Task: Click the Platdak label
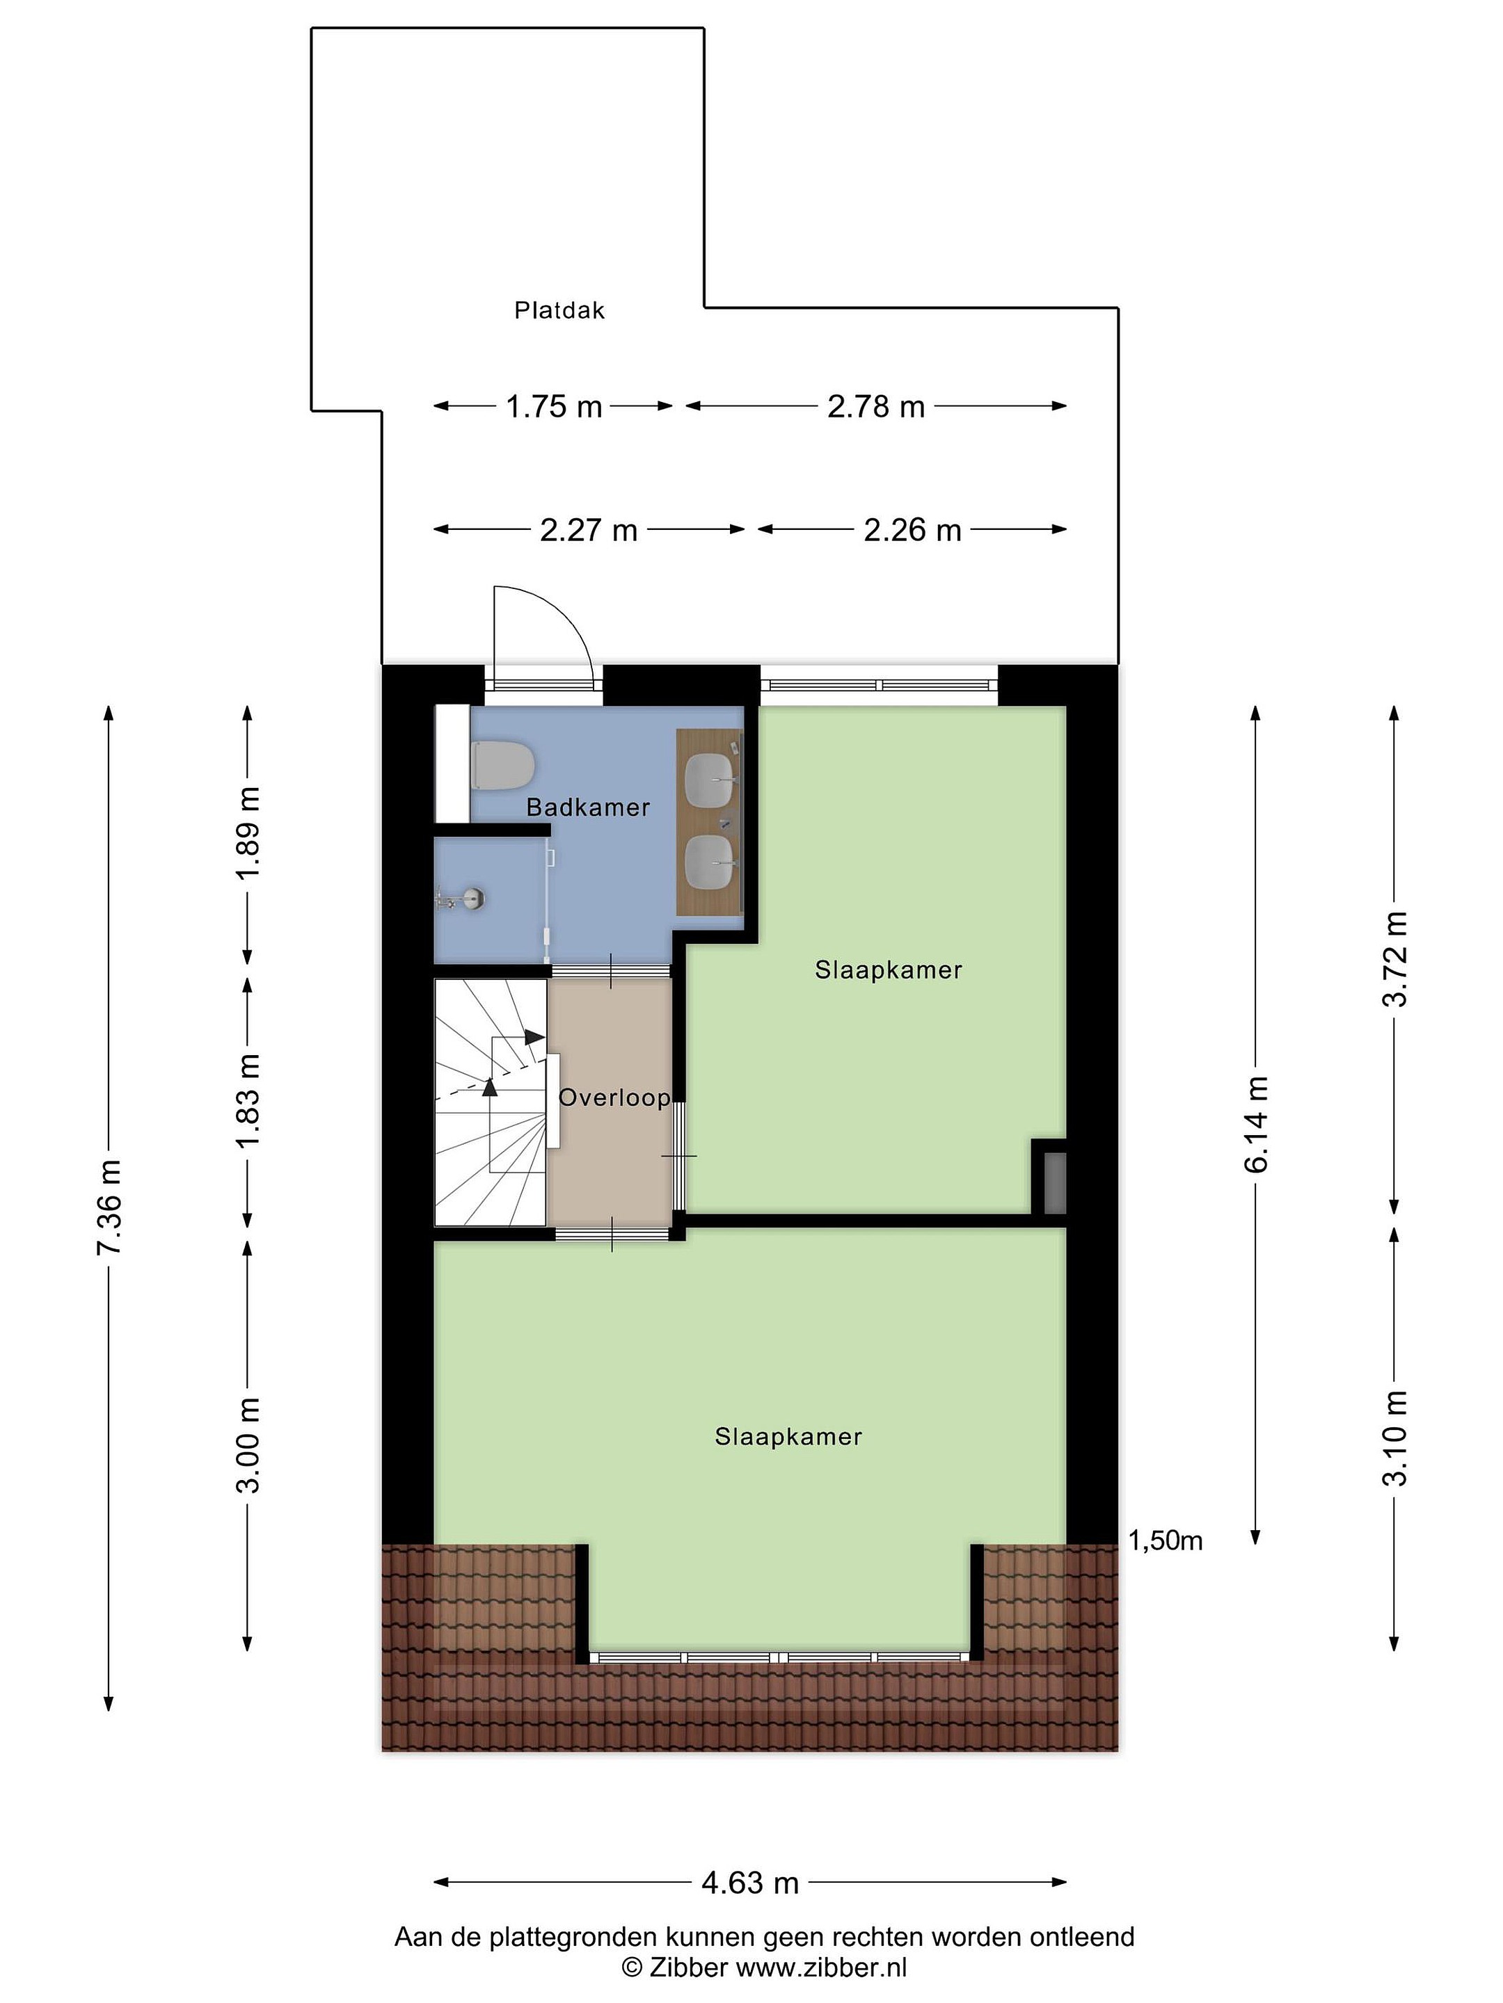tap(559, 311)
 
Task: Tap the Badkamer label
tap(588, 807)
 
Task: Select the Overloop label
tap(614, 1097)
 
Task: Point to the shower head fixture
tap(461, 899)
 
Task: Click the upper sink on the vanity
tap(710, 775)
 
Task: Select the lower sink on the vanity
tap(710, 861)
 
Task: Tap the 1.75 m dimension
tap(554, 407)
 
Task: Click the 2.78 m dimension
tap(876, 407)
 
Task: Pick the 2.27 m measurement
tap(589, 530)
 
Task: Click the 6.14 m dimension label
tap(1256, 1124)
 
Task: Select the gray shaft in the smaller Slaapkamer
tap(1055, 1182)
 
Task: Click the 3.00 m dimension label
tap(248, 1445)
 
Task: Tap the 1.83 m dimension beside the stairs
tap(248, 1100)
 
